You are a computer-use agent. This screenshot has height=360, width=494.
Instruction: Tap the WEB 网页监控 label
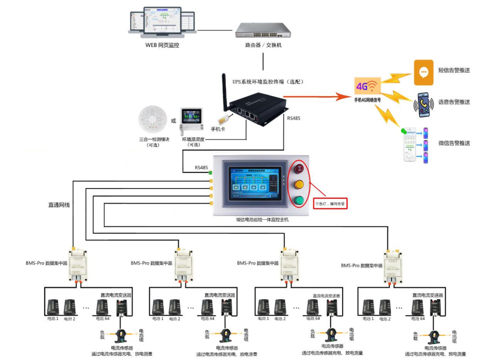click(x=162, y=45)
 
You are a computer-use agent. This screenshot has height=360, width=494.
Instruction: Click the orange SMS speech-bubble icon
click(x=423, y=72)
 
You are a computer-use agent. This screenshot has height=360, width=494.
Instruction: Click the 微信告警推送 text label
click(x=454, y=143)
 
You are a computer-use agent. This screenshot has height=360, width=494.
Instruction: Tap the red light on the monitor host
click(x=299, y=169)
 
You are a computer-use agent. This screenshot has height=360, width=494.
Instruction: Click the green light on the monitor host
click(x=299, y=201)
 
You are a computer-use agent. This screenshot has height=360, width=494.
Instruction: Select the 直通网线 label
click(x=59, y=205)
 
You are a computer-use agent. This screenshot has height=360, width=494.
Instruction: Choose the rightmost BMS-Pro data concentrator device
click(x=394, y=265)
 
